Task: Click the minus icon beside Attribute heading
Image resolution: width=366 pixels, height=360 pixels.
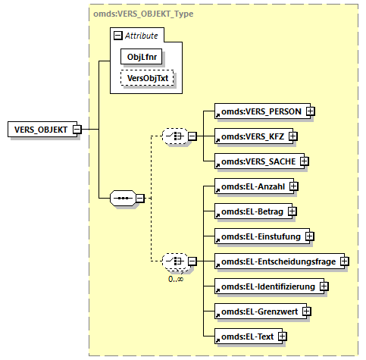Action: (x=117, y=35)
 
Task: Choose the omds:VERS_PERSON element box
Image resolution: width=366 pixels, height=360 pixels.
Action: (x=258, y=111)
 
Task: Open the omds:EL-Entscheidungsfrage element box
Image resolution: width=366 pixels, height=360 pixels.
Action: (x=276, y=261)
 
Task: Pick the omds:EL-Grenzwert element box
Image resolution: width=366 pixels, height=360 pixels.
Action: (x=258, y=311)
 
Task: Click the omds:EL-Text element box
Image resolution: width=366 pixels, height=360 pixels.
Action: (x=246, y=336)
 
